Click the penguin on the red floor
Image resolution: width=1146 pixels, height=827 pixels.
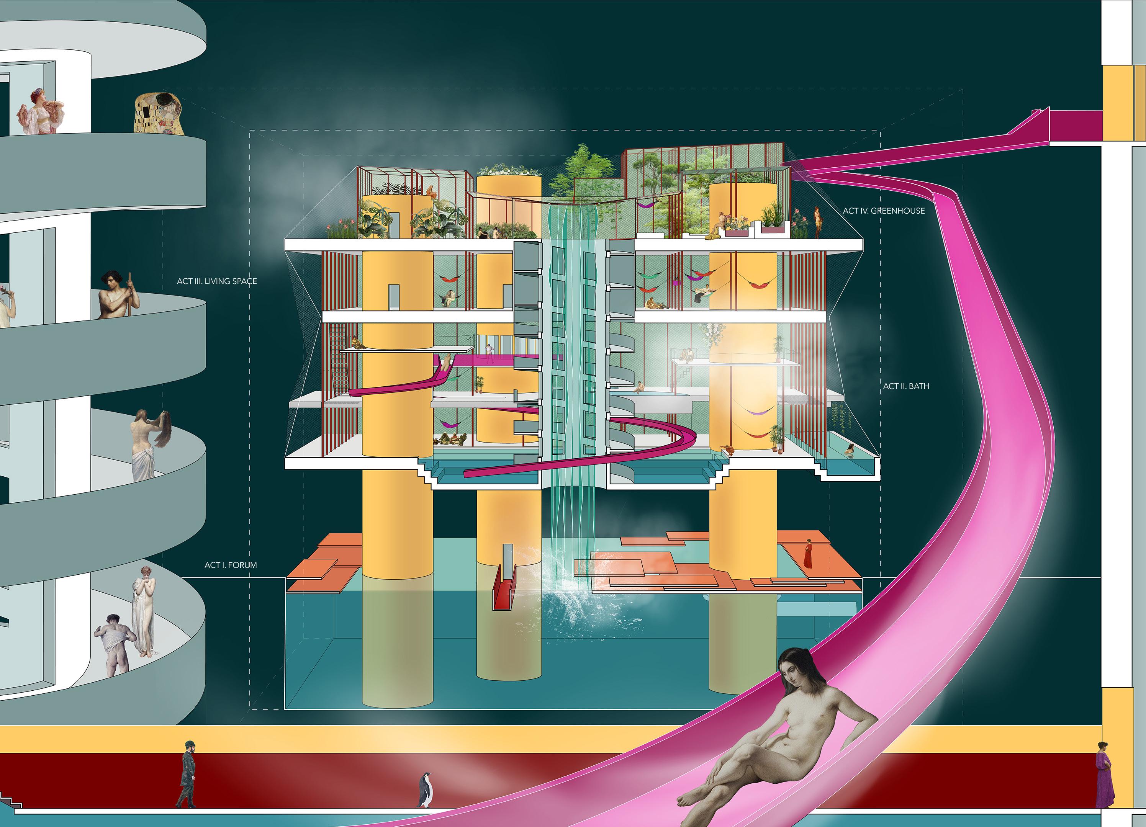[x=425, y=789]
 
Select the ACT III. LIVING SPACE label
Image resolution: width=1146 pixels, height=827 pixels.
[x=217, y=281]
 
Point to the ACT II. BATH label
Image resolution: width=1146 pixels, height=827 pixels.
[x=906, y=386]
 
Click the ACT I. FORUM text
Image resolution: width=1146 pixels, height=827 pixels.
[x=231, y=565]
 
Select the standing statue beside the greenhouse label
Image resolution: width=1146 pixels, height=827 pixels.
[x=817, y=221]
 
